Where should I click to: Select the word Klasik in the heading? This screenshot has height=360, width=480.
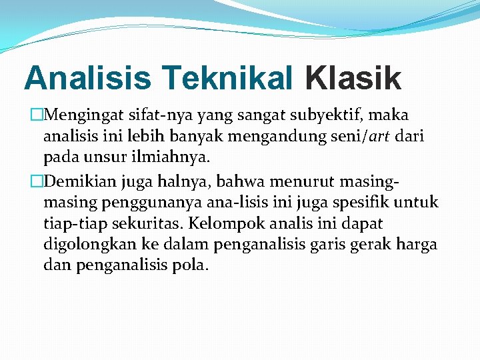353,78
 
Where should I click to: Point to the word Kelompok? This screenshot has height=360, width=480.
221,223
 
